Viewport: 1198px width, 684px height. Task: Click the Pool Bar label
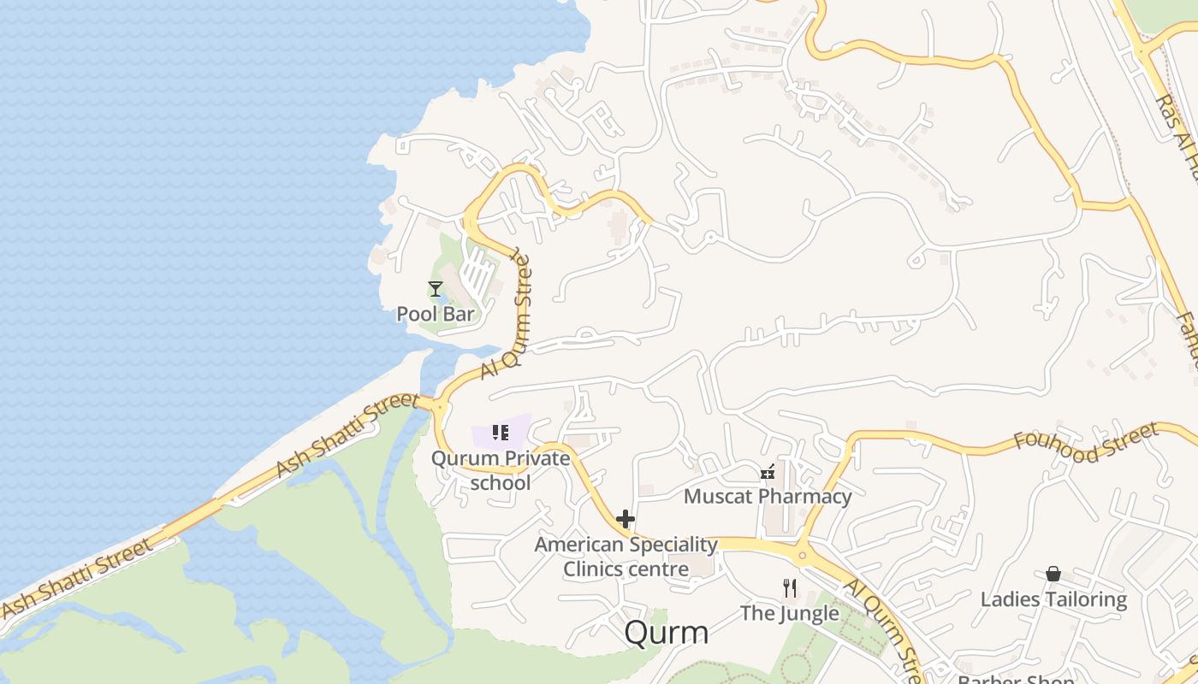(435, 314)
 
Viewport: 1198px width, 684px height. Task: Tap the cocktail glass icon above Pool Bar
(436, 289)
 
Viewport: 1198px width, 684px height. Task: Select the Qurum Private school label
(501, 470)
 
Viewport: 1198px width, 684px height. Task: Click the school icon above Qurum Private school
(501, 433)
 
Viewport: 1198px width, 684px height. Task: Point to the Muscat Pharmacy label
(768, 497)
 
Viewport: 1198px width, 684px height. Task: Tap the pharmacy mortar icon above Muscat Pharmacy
(768, 472)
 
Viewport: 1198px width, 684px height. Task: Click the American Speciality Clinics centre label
(626, 557)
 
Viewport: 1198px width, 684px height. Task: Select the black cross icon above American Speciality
(626, 519)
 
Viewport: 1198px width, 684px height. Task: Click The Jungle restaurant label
(789, 613)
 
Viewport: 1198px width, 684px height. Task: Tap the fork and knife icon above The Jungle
(789, 588)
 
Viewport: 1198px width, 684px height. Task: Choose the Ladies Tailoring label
(1053, 599)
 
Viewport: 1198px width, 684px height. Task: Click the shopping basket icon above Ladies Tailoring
(1053, 574)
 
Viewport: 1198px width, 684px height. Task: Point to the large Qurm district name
(667, 633)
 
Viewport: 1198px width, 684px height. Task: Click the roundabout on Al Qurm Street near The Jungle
(803, 555)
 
